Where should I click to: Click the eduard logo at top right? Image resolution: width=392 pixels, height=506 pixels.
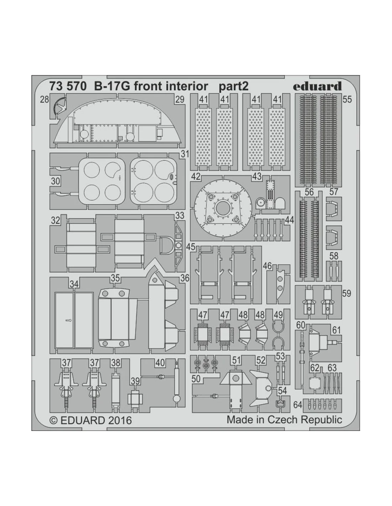coord(318,86)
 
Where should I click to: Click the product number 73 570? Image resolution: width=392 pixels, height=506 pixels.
coord(68,86)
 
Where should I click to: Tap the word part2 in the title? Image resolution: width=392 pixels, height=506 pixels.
coord(234,86)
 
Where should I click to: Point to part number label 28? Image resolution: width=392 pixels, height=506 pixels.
coord(45,100)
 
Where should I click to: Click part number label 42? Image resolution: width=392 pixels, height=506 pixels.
coord(196,176)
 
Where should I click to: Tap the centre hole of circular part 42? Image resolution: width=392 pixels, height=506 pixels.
coord(223,208)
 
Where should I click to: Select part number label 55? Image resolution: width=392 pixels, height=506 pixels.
coord(347,99)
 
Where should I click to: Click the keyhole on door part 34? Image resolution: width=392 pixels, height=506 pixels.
coord(69,321)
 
